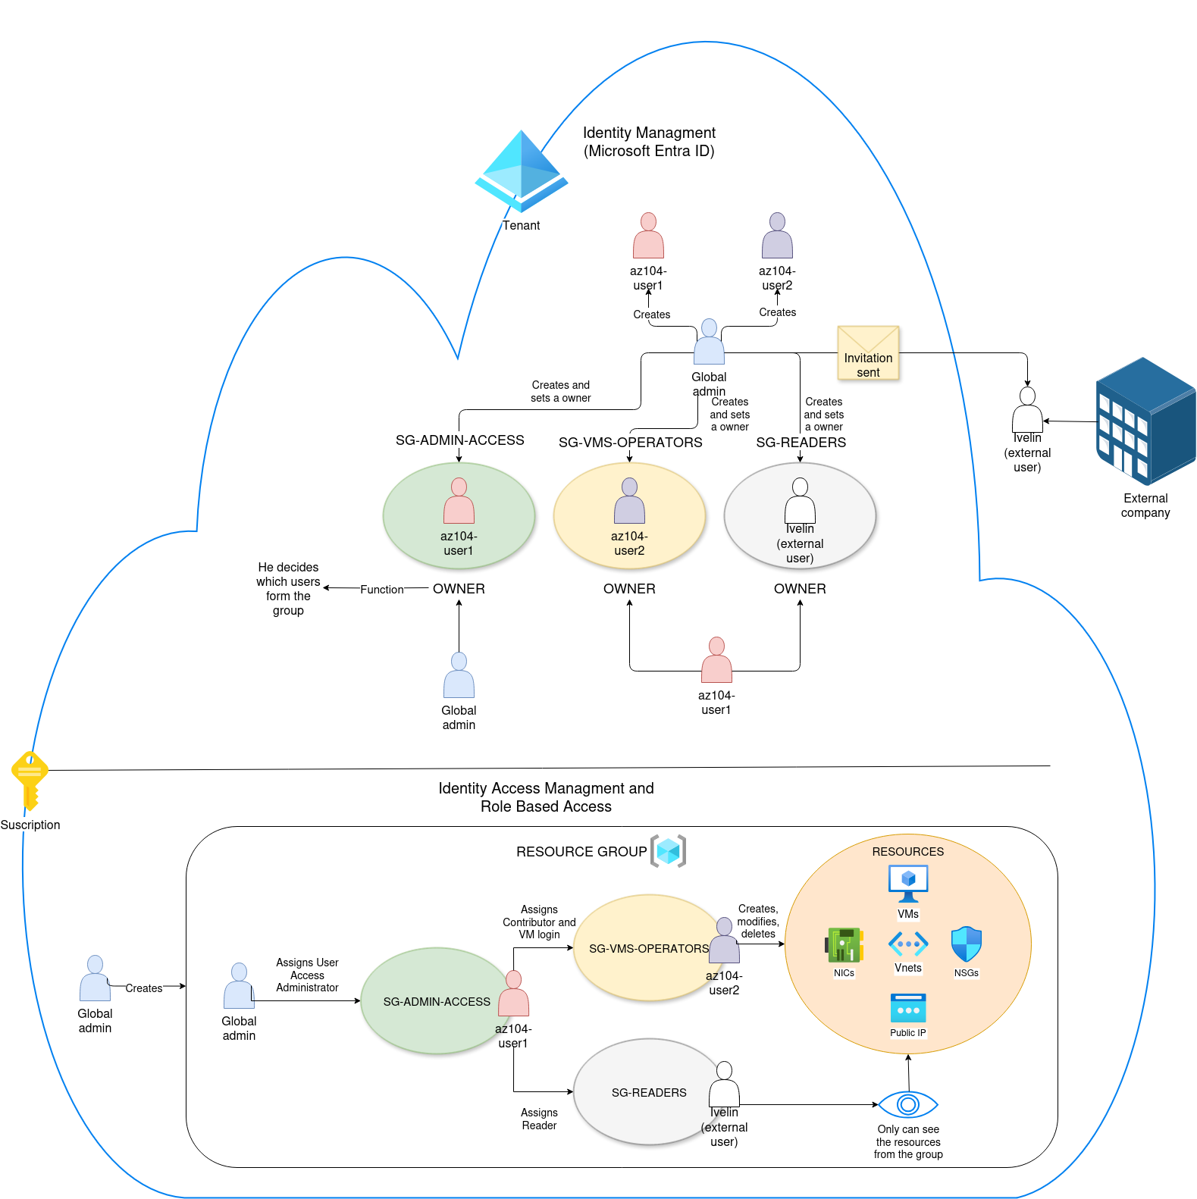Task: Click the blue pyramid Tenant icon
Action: tap(522, 171)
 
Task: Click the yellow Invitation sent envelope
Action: tap(868, 352)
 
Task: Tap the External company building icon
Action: tap(1145, 421)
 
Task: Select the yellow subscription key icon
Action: tap(30, 779)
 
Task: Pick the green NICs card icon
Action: tap(844, 945)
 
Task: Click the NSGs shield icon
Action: tap(966, 944)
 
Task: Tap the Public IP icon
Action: tap(908, 1009)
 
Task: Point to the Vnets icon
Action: tap(908, 944)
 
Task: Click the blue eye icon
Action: tap(908, 1104)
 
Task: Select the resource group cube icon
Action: tap(668, 851)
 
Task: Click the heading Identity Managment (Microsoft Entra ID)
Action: tap(649, 142)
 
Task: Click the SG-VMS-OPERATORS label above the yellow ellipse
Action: tap(630, 443)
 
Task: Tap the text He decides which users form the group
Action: tap(288, 589)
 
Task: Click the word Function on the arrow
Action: tap(381, 590)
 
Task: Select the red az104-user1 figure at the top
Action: tap(648, 236)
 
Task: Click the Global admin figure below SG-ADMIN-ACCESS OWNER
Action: tap(459, 675)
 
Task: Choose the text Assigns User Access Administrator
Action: tap(307, 975)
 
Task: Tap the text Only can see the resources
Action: tap(908, 1141)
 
